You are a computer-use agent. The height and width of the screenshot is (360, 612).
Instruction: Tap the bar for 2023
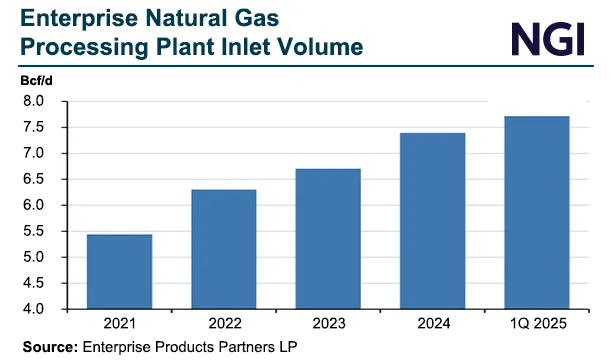coord(329,239)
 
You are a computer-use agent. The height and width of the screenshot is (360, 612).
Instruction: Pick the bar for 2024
coord(432,221)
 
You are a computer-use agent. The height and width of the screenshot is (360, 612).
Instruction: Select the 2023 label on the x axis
coord(329,326)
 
